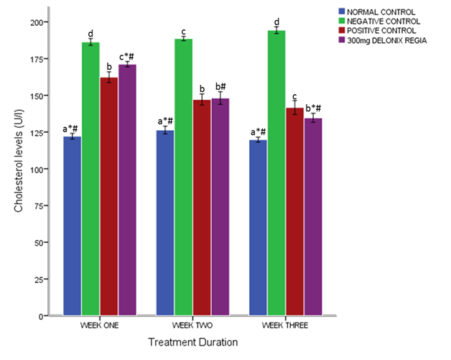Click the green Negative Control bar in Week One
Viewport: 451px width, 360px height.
coord(90,180)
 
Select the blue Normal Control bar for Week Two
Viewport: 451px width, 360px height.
coord(165,223)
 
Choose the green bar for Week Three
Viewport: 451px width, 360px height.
coord(276,172)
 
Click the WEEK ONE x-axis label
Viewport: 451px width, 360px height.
coord(100,326)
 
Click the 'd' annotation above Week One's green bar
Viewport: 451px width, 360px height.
coord(90,33)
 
